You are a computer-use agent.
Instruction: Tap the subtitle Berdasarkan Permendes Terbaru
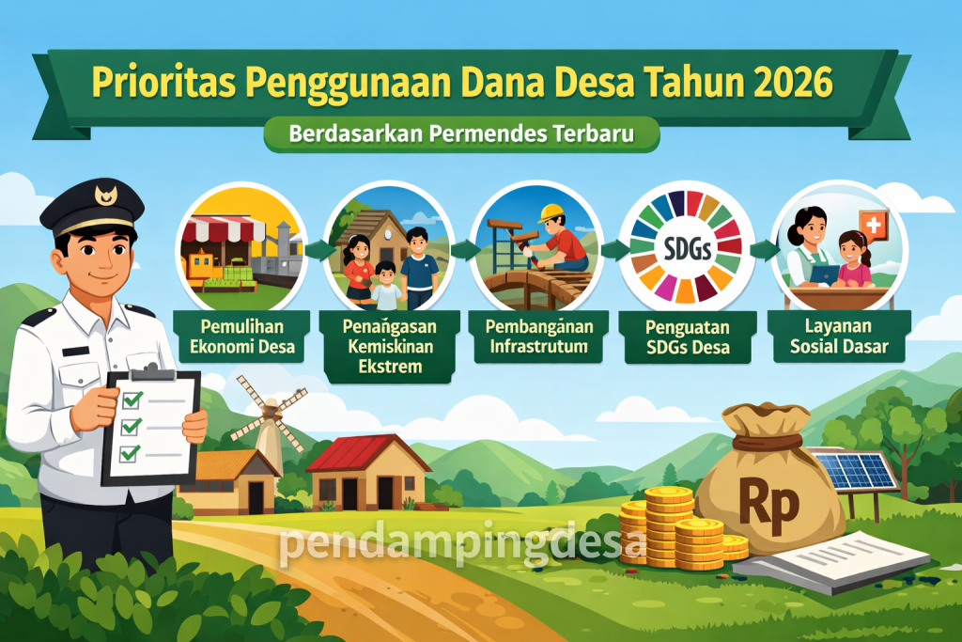461,133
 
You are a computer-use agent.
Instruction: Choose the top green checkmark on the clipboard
132,399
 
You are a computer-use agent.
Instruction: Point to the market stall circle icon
241,246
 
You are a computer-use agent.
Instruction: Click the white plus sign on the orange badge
875,226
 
